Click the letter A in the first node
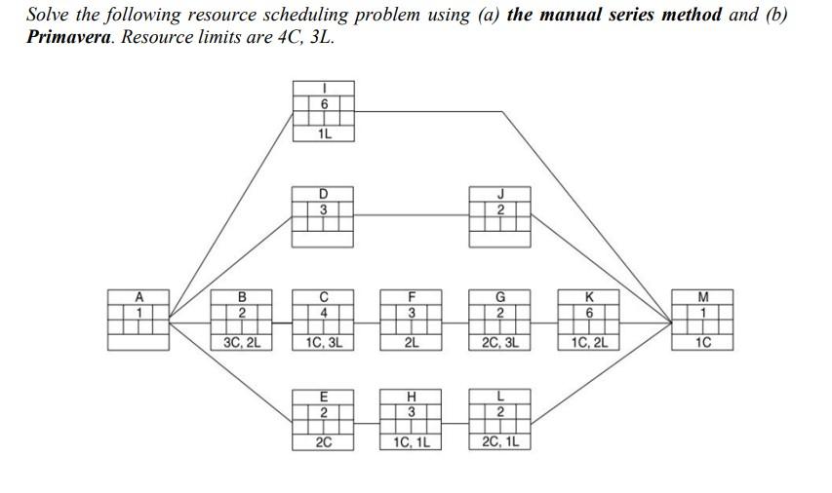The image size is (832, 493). point(139,297)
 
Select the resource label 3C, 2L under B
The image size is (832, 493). point(242,342)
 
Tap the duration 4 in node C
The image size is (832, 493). point(323,313)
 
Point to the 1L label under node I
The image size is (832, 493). point(324,134)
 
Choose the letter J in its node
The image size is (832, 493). point(499,195)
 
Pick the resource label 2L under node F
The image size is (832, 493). point(412,342)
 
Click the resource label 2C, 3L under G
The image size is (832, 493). point(499,342)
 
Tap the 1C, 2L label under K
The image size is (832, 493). point(588,342)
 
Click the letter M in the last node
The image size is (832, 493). point(701,297)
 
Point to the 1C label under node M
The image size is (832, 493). point(701,342)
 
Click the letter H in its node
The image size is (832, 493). point(412,396)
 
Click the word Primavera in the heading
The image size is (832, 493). point(68,37)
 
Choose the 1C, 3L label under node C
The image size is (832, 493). point(323,342)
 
